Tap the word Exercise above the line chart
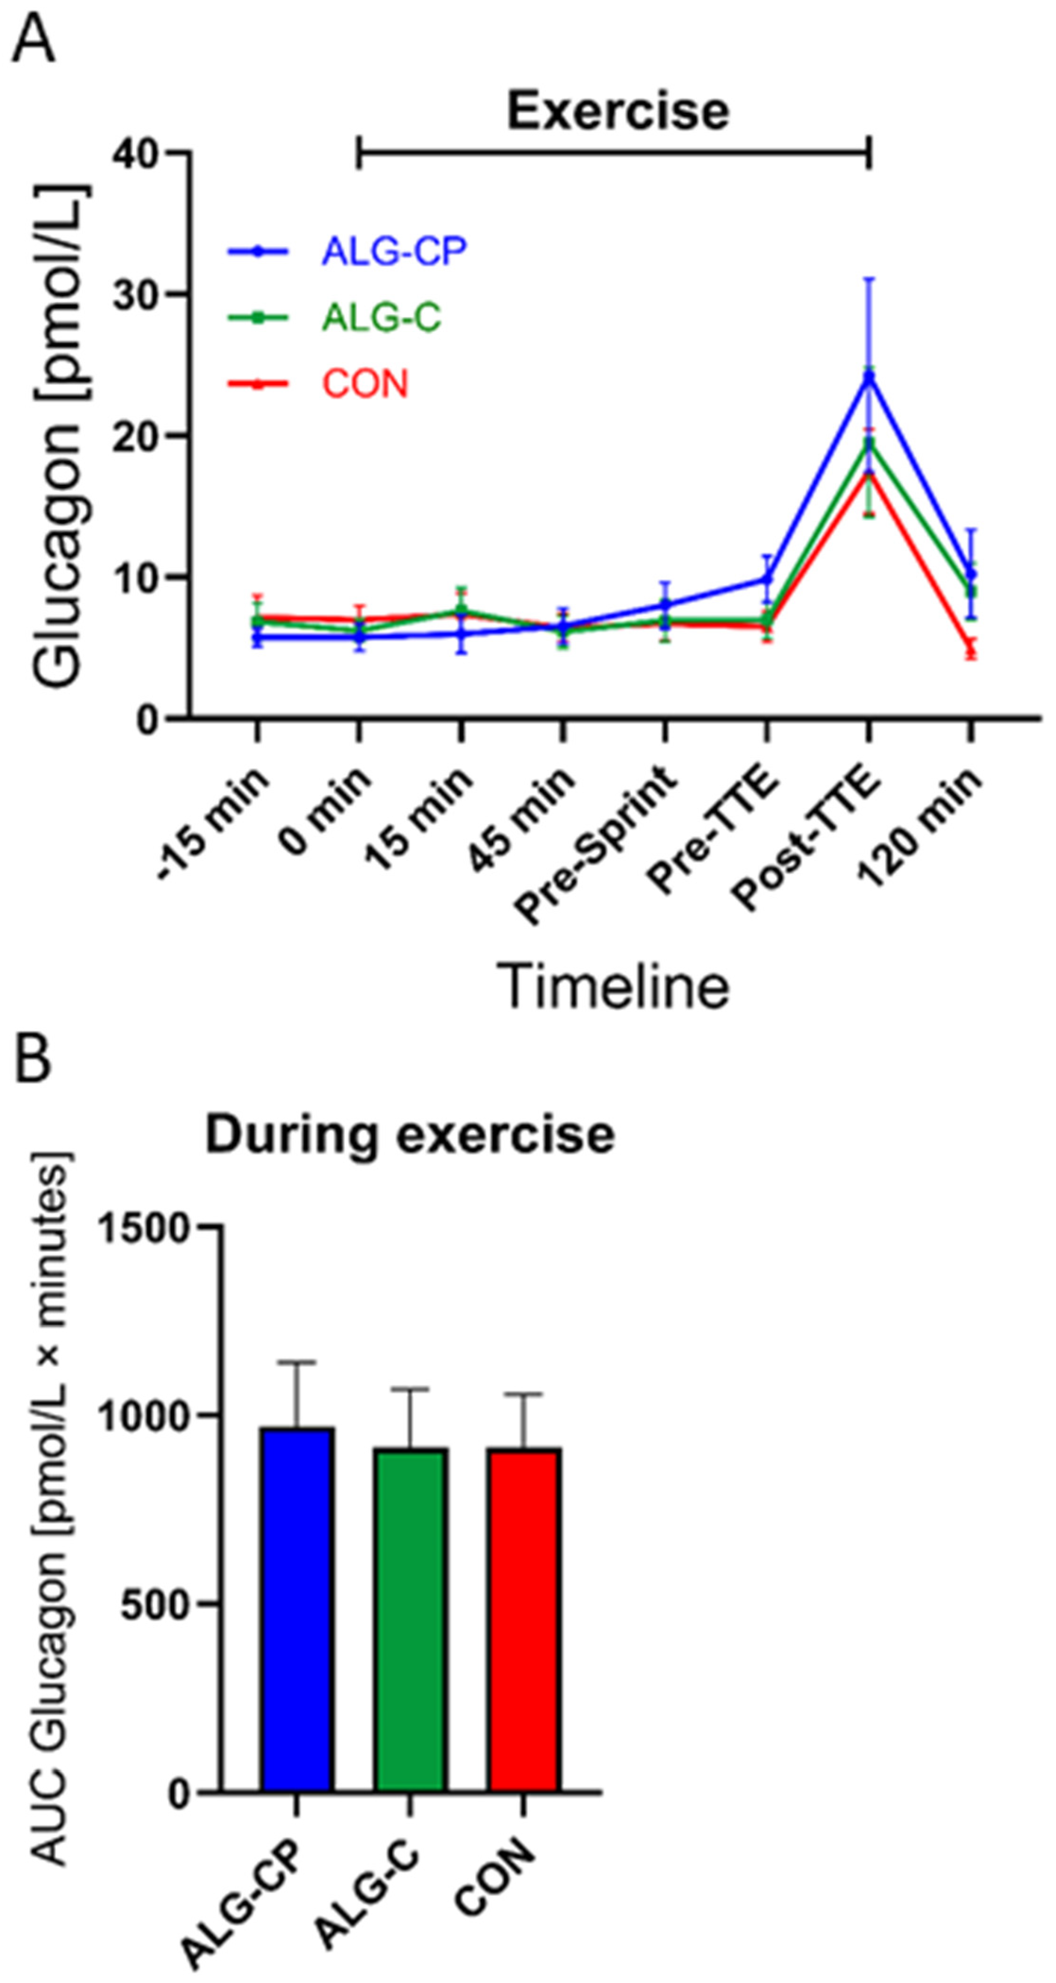[617, 111]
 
